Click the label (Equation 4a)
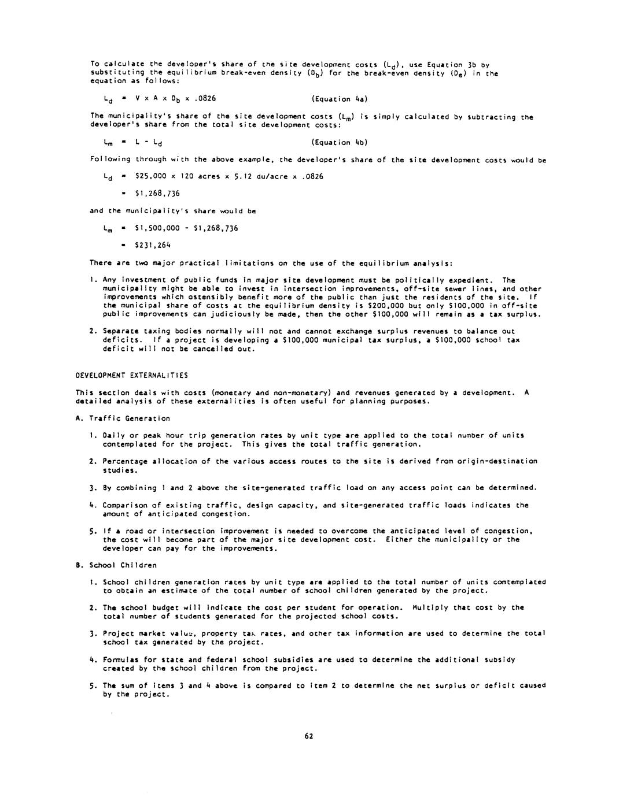pyautogui.click(x=339, y=99)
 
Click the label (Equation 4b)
pyautogui.click(x=339, y=142)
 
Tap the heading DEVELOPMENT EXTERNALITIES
pyautogui.click(x=132, y=376)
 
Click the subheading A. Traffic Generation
pyautogui.click(x=123, y=418)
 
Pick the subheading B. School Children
pyautogui.click(x=116, y=565)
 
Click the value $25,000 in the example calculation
pyautogui.click(x=150, y=176)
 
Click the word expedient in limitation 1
pyautogui.click(x=472, y=280)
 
